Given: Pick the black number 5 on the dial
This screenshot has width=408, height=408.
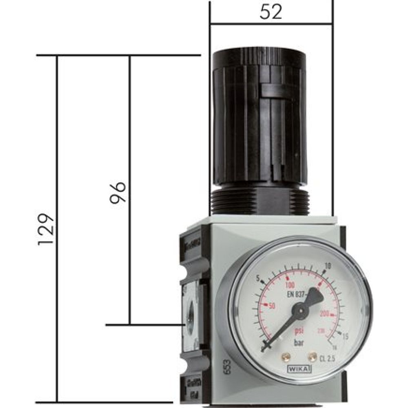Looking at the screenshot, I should coord(258,279).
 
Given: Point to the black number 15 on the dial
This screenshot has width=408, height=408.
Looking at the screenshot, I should coord(345,336).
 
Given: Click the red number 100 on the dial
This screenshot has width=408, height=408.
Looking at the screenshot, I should coord(290,284).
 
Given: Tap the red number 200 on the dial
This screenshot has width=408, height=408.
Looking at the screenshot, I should coord(326,313).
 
